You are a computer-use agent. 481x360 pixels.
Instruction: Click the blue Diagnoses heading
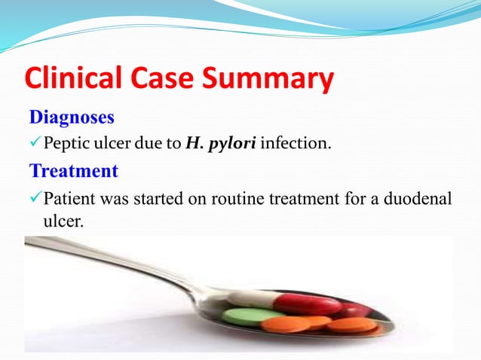click(72, 117)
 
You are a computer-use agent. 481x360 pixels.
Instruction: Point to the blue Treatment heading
click(73, 171)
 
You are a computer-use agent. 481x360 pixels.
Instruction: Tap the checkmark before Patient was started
click(35, 200)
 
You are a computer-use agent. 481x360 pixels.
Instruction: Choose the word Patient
click(69, 200)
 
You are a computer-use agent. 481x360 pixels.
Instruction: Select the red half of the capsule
click(310, 304)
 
